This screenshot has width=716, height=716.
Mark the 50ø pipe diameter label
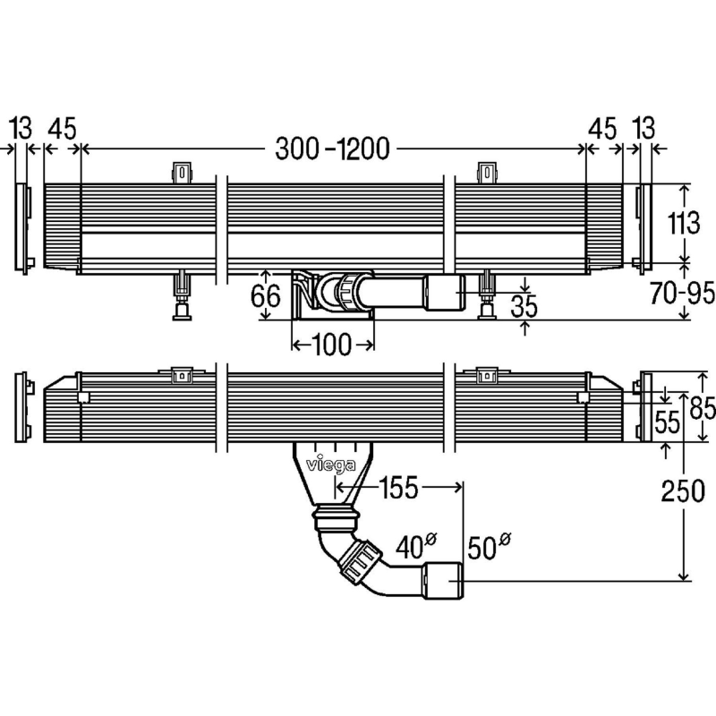click(x=489, y=544)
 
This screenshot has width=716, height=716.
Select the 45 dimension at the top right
click(x=603, y=128)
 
